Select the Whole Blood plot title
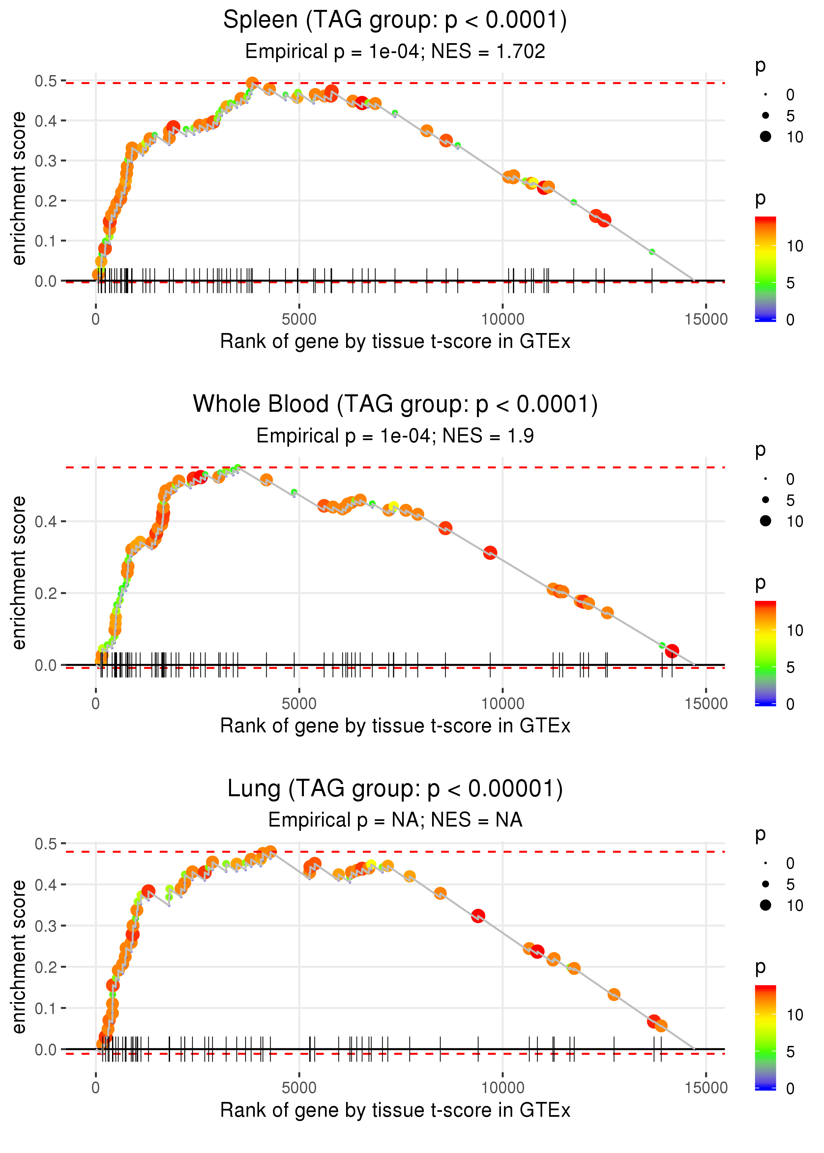click(x=395, y=405)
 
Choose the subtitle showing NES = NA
click(x=395, y=820)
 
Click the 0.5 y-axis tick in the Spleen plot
click(x=46, y=81)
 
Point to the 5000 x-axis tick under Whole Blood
click(x=299, y=704)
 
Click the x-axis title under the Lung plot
click(x=395, y=1111)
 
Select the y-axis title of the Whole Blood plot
click(x=19, y=573)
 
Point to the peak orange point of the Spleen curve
click(x=252, y=83)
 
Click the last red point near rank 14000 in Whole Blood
click(x=672, y=651)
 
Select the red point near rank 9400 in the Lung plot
click(x=478, y=916)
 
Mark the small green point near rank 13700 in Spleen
click(x=652, y=251)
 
